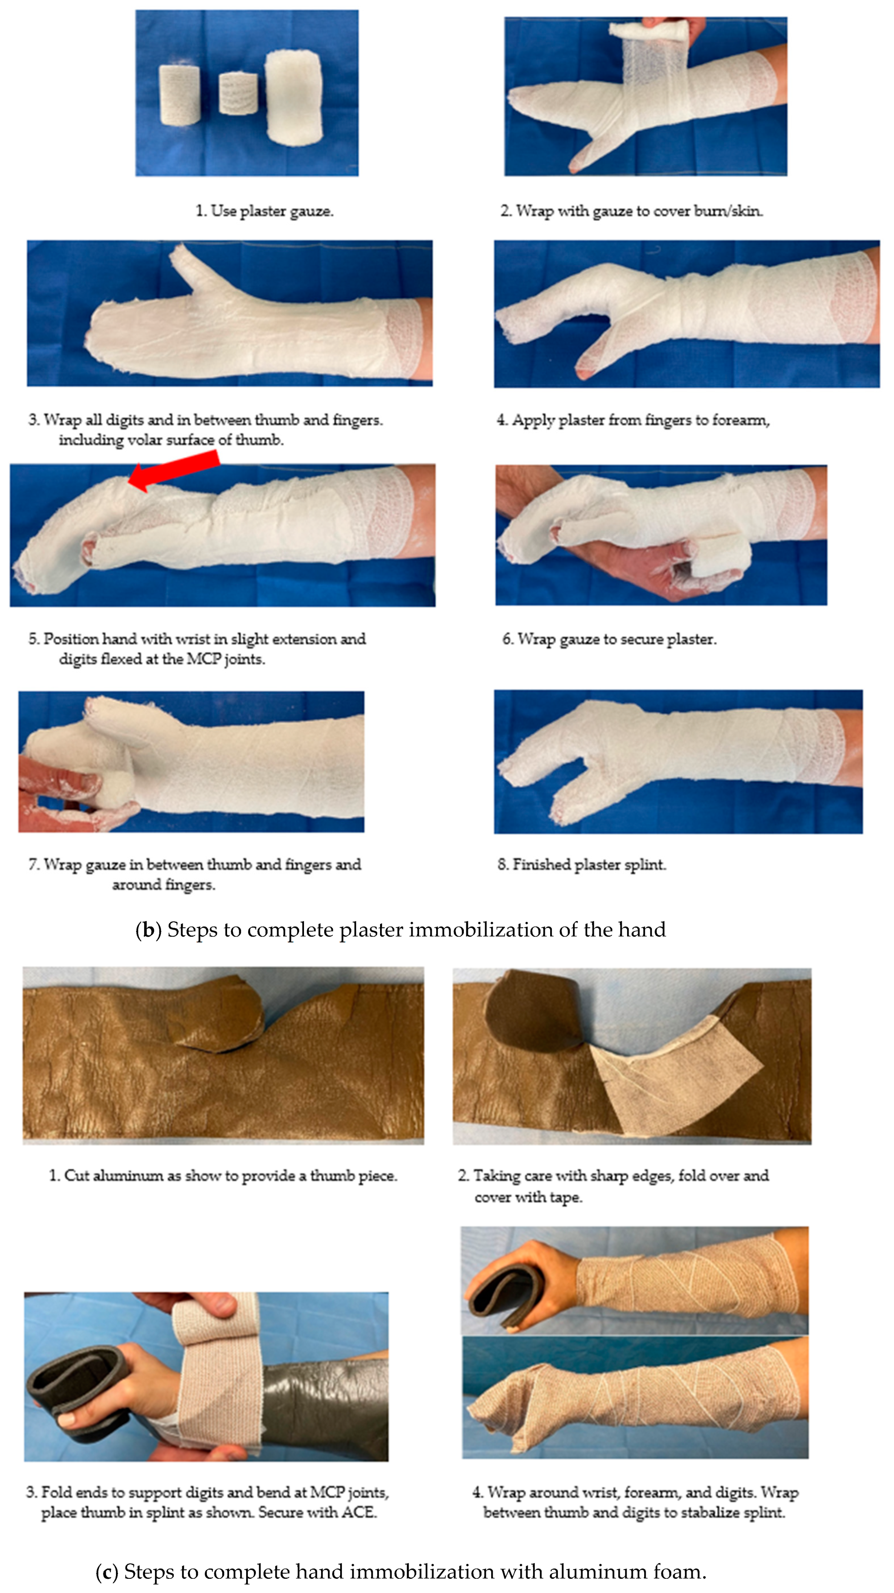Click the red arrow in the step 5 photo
coord(174,471)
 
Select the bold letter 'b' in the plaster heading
coord(149,930)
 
